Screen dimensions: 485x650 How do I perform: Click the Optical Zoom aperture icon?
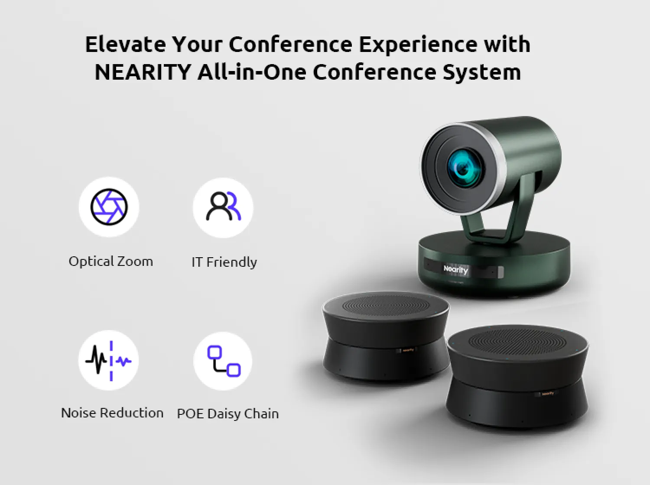coord(109,207)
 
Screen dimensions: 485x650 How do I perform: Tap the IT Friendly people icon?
coord(223,207)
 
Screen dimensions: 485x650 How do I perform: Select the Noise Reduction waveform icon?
coord(109,360)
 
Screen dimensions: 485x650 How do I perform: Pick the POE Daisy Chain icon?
coord(223,361)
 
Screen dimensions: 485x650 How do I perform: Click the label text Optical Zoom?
coord(111,262)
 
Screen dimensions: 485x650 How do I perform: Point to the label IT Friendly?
coord(224,262)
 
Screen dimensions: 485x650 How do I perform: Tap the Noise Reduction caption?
coord(112,413)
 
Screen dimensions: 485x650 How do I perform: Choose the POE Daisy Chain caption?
coord(227,414)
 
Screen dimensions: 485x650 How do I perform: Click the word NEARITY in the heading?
coord(143,72)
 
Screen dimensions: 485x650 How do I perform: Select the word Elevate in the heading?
coord(125,44)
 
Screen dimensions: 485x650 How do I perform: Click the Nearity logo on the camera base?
coord(455,270)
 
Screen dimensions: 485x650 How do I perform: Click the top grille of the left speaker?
coord(385,306)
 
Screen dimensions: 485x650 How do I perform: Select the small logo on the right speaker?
coord(547,394)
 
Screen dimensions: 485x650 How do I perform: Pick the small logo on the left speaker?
coord(407,350)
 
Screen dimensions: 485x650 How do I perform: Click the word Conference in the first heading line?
coord(290,44)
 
